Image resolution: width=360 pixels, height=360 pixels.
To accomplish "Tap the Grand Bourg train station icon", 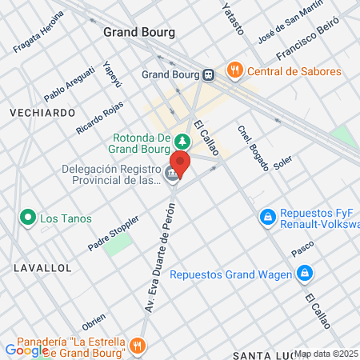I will coord(209,75).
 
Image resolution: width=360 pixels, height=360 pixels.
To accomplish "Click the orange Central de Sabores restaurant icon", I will coord(234,70).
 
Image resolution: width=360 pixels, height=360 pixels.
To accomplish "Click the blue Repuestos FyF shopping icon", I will coord(266,217).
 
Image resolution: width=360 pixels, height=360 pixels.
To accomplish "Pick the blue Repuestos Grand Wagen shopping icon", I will coord(304,274).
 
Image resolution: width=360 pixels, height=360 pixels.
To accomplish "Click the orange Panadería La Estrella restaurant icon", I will coord(137,346).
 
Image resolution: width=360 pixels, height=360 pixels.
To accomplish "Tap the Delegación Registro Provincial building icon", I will coord(170,174).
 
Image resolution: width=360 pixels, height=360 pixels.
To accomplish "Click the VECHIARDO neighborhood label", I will coord(42,114).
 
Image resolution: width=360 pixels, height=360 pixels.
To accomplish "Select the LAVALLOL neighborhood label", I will coord(42,267).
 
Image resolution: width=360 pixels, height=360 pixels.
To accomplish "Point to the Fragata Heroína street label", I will coord(38,34).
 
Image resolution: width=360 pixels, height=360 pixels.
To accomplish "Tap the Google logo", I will coord(26,350).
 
